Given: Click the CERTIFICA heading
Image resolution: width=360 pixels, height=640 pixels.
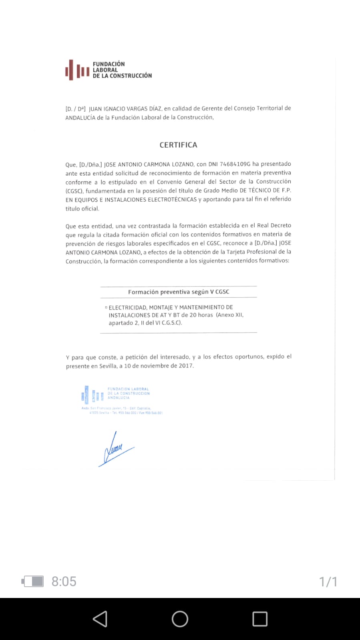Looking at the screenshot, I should tap(178, 145).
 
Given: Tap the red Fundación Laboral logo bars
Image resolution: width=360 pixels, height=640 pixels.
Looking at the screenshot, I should tap(77, 70).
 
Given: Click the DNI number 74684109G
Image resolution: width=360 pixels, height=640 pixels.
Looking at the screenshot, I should tap(235, 164).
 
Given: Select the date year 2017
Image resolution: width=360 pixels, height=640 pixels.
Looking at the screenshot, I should tap(186, 366).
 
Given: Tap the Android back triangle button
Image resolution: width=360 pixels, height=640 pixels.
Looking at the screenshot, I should tap(100, 619).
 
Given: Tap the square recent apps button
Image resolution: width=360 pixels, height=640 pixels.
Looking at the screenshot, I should tap(260, 619).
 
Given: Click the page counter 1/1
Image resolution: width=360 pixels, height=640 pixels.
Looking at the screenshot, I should tap(328, 582).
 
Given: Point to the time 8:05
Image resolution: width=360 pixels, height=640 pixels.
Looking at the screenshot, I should tap(64, 581).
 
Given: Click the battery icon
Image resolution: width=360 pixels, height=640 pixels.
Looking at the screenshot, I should tap(33, 581).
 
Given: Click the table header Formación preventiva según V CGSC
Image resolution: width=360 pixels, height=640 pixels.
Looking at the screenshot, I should tap(179, 292).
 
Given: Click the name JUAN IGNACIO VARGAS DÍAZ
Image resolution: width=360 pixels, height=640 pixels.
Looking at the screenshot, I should tap(125, 108).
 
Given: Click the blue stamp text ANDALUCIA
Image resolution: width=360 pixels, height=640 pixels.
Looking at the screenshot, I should tap(119, 398).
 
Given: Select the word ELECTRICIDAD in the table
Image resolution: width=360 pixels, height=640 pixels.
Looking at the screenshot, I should tap(127, 307).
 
